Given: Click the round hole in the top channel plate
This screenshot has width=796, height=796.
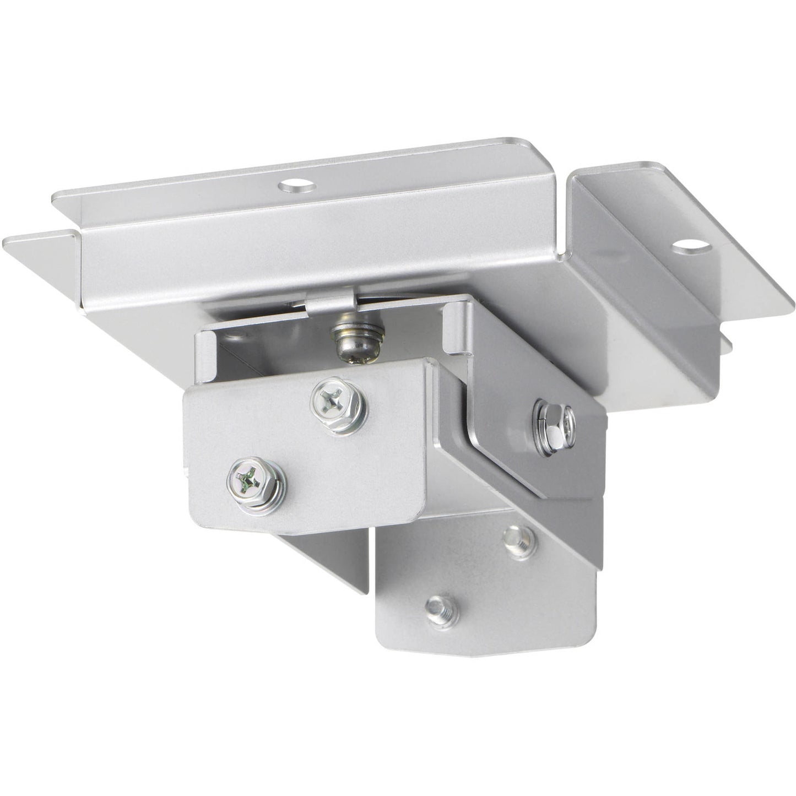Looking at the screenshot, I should [x=297, y=187].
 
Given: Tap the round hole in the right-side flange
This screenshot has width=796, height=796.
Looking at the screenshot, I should [x=687, y=246].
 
